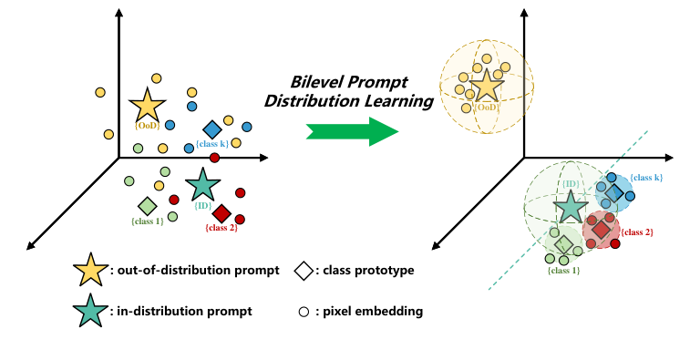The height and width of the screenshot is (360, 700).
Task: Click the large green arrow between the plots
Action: tap(352, 130)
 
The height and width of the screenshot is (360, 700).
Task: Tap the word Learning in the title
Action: tap(393, 101)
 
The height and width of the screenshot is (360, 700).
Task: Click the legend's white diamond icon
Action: tap(302, 271)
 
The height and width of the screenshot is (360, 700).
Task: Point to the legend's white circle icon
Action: tap(303, 313)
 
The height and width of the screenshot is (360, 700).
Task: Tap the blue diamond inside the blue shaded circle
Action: tap(613, 193)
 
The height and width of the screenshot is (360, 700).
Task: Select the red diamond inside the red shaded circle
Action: tap(600, 230)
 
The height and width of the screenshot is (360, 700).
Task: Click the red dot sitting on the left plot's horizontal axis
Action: tap(214, 158)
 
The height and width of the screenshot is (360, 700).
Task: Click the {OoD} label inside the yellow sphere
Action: tap(487, 107)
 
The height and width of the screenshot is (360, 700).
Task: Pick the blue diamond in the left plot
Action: tap(211, 129)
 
